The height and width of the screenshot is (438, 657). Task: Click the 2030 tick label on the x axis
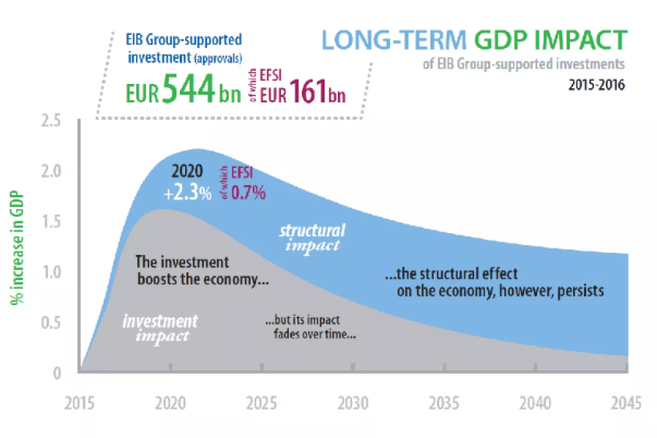point(353,404)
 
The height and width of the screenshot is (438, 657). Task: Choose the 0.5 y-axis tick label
point(51,323)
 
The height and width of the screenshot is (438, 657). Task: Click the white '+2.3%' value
point(187,193)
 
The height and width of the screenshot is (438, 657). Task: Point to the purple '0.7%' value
point(248,193)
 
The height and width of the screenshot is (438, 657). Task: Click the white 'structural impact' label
point(312,237)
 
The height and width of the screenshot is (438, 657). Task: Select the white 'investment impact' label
point(160,328)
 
